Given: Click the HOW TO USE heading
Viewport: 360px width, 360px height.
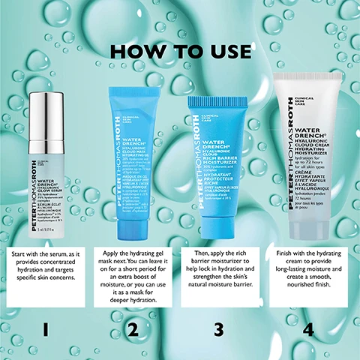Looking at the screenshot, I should (x=180, y=52).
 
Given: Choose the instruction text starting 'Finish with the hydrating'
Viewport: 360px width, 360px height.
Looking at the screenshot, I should (x=307, y=267).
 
